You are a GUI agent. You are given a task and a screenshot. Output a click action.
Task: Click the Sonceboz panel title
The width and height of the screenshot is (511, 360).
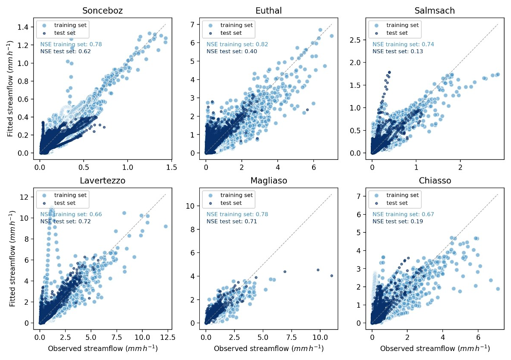(x=103, y=11)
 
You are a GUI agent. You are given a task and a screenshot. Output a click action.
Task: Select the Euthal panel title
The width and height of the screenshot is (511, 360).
(x=269, y=11)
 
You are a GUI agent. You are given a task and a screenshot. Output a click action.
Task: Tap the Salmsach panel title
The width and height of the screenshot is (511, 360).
(x=435, y=11)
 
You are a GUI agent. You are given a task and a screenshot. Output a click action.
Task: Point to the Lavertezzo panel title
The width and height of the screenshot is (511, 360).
(x=103, y=181)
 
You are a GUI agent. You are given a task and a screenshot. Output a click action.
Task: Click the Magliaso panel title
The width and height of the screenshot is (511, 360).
(x=269, y=181)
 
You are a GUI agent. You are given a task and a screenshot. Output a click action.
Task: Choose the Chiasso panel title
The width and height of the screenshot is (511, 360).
(x=435, y=181)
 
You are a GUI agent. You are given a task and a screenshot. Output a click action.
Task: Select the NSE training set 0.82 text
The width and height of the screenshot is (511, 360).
(x=237, y=44)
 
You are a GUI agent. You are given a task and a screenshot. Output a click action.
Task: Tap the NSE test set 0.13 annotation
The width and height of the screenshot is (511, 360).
(x=397, y=51)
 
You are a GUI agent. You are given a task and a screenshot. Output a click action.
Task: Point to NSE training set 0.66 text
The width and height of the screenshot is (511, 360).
(x=71, y=214)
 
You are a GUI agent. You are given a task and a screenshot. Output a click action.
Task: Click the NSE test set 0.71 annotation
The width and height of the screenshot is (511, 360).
(x=231, y=222)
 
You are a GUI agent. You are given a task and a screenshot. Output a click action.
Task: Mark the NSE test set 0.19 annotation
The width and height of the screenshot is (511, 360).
(x=397, y=222)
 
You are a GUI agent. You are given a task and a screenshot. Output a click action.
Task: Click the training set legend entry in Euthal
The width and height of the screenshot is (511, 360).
(x=235, y=25)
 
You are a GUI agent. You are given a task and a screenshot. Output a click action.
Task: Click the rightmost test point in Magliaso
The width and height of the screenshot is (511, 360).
(x=332, y=276)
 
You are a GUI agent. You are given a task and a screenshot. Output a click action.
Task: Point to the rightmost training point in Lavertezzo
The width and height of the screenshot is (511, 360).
(x=165, y=226)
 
